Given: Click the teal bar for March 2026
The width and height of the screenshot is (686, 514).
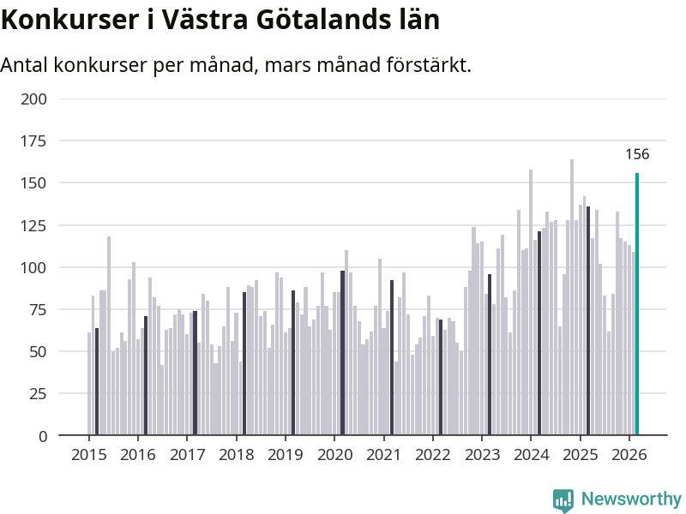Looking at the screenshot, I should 637,304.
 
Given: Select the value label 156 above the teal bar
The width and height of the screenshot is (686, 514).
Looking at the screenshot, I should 637,155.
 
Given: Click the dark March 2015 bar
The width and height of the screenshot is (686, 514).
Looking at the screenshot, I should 97,381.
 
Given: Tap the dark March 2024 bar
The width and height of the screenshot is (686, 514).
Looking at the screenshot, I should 539,333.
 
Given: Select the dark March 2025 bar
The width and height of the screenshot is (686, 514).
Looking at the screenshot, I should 588,320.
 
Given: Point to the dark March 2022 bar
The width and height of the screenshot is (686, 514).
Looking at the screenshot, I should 441,377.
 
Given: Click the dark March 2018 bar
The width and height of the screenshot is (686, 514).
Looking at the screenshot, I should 244,363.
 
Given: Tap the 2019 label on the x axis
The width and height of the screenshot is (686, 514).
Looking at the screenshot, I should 285,454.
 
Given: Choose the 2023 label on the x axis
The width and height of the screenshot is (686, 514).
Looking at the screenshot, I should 481,454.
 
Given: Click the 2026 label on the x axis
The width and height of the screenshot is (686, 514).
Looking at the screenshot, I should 629,454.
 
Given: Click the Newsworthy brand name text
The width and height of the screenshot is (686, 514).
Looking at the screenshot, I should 631,499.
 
